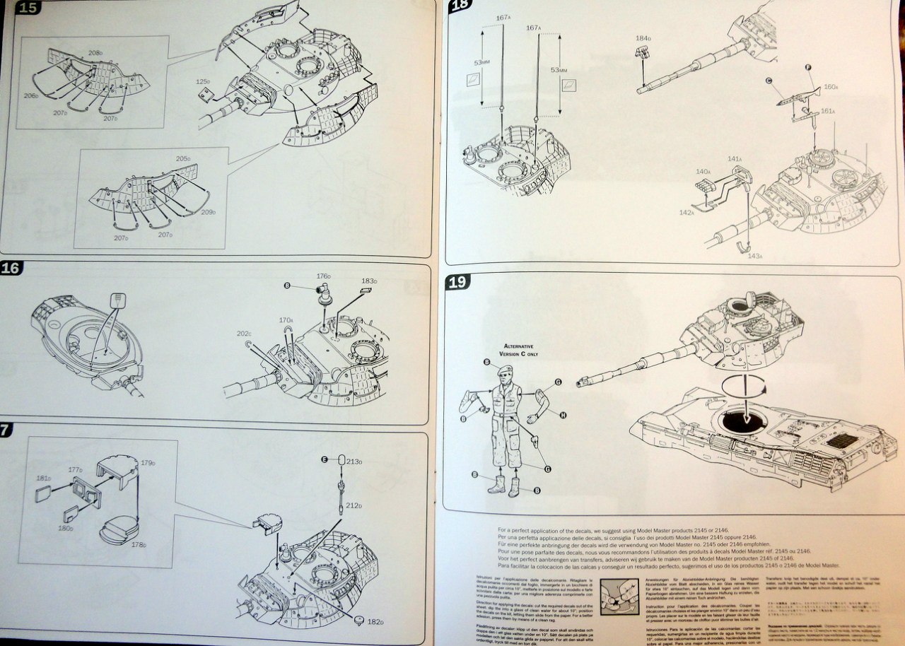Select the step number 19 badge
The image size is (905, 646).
click(459, 282)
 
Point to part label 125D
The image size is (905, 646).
click(204, 82)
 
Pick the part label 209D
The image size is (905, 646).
click(208, 212)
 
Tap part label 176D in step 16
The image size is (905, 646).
click(324, 276)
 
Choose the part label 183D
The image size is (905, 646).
click(368, 281)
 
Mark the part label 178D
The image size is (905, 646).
click(139, 545)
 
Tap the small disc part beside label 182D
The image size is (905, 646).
click(359, 620)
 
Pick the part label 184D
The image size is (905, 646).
click(643, 38)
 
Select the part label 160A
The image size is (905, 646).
click(831, 87)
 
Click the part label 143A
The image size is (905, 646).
click(754, 256)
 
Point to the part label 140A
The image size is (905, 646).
click(703, 172)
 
